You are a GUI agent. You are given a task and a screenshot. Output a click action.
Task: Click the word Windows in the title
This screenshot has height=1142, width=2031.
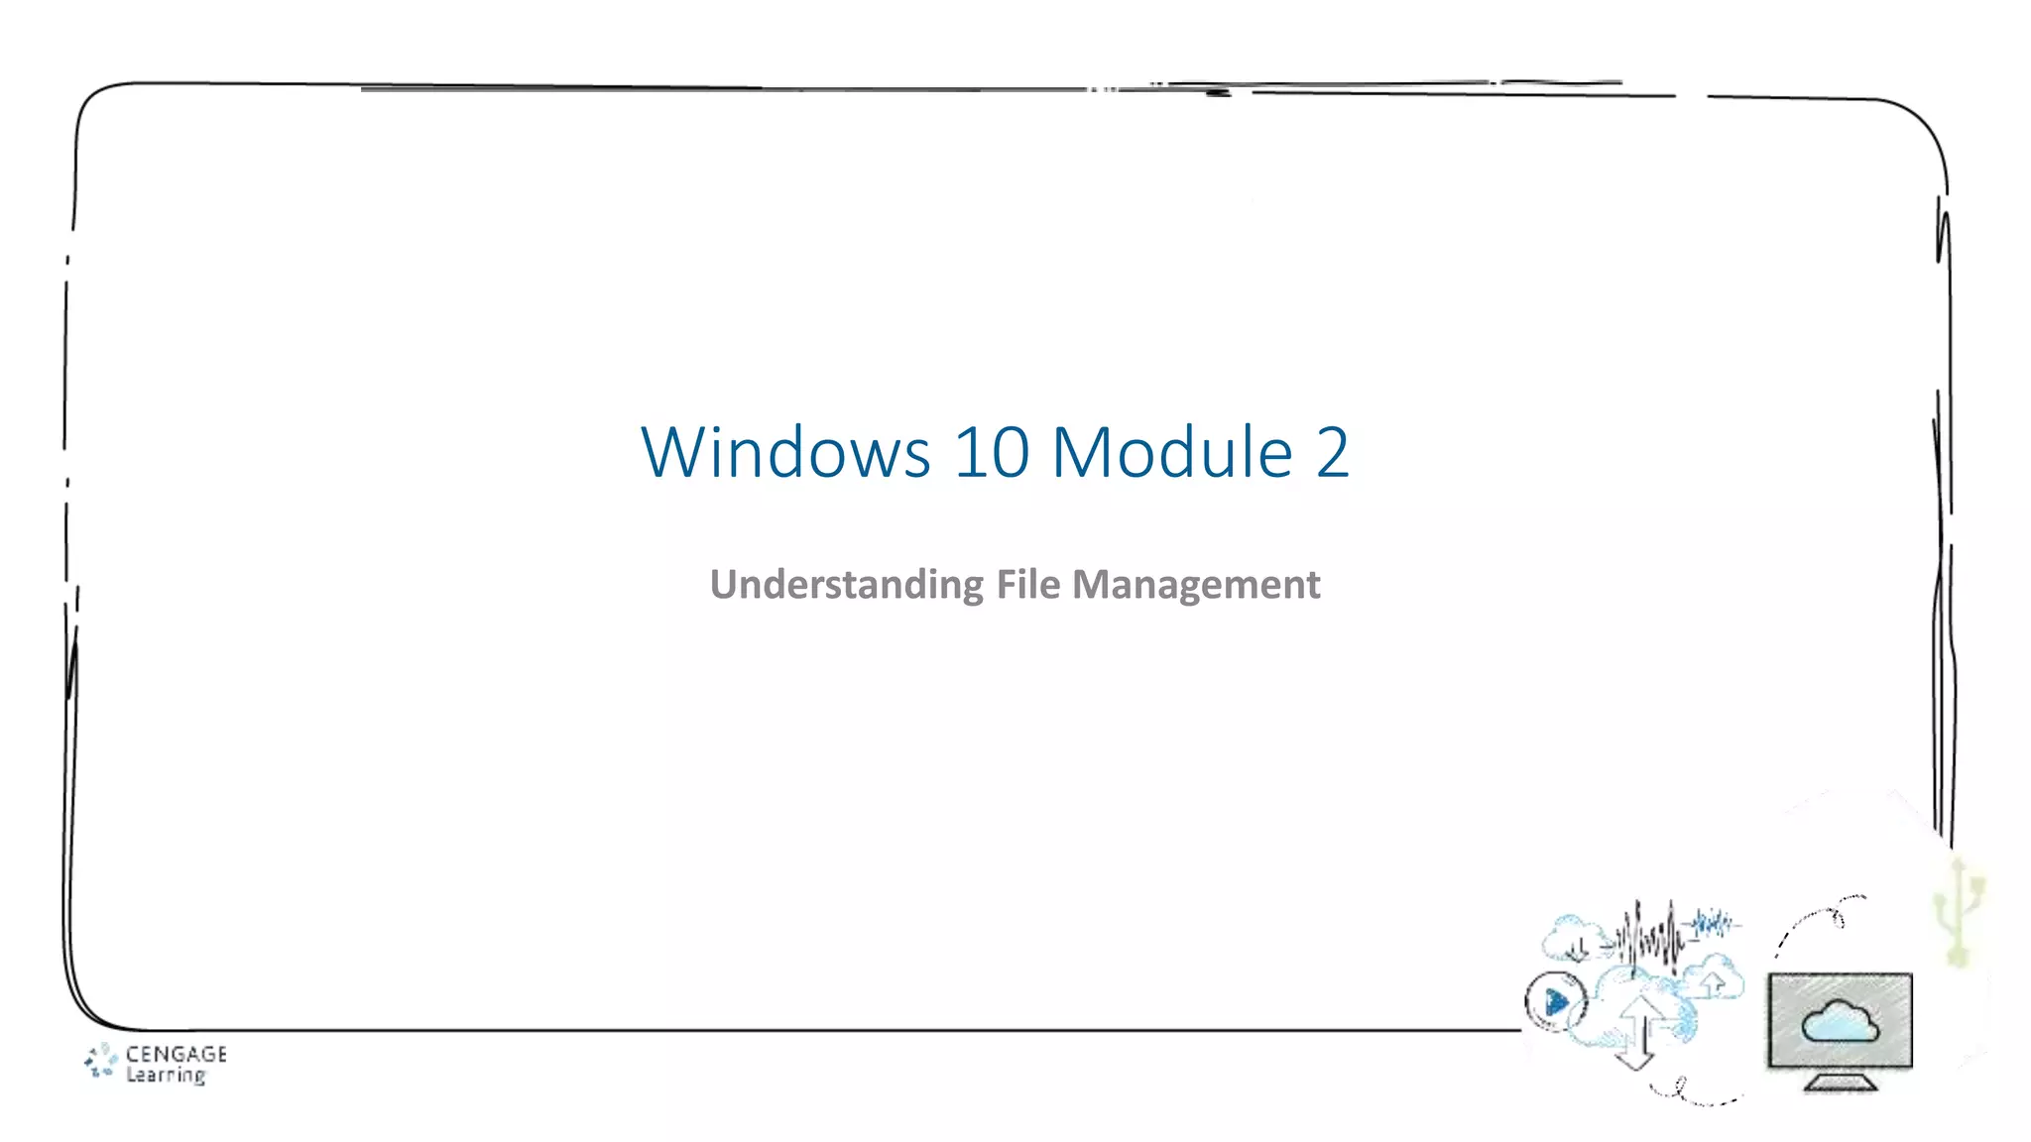785,453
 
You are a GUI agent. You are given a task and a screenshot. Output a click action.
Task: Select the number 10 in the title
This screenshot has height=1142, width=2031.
991,453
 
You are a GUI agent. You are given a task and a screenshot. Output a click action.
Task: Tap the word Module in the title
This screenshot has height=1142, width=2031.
1171,453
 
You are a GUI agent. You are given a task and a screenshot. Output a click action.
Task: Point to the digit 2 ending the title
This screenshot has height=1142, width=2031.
1332,453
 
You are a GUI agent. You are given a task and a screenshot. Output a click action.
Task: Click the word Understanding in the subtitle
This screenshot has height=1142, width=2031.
846,585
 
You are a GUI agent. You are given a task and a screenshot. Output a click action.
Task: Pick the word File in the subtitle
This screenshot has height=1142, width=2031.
1027,585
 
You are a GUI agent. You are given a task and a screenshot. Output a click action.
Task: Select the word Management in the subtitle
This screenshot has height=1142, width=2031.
1195,585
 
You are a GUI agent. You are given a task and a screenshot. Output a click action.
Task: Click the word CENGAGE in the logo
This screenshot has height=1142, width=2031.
176,1054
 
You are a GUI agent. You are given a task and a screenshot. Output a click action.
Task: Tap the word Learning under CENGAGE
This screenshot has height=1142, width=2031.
166,1076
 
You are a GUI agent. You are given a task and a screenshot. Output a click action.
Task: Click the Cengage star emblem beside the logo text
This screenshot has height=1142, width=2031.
100,1061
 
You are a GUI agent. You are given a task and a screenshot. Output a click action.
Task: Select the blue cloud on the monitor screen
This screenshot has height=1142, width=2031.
1840,1021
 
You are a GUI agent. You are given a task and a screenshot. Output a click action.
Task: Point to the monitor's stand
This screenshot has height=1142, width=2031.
1841,1083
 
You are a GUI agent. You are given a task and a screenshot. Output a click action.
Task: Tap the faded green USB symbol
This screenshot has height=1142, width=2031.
1960,912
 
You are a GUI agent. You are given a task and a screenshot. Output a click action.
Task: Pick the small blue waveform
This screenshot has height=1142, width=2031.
1715,924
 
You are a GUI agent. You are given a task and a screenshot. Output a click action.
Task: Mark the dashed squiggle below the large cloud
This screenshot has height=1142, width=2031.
1691,1093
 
